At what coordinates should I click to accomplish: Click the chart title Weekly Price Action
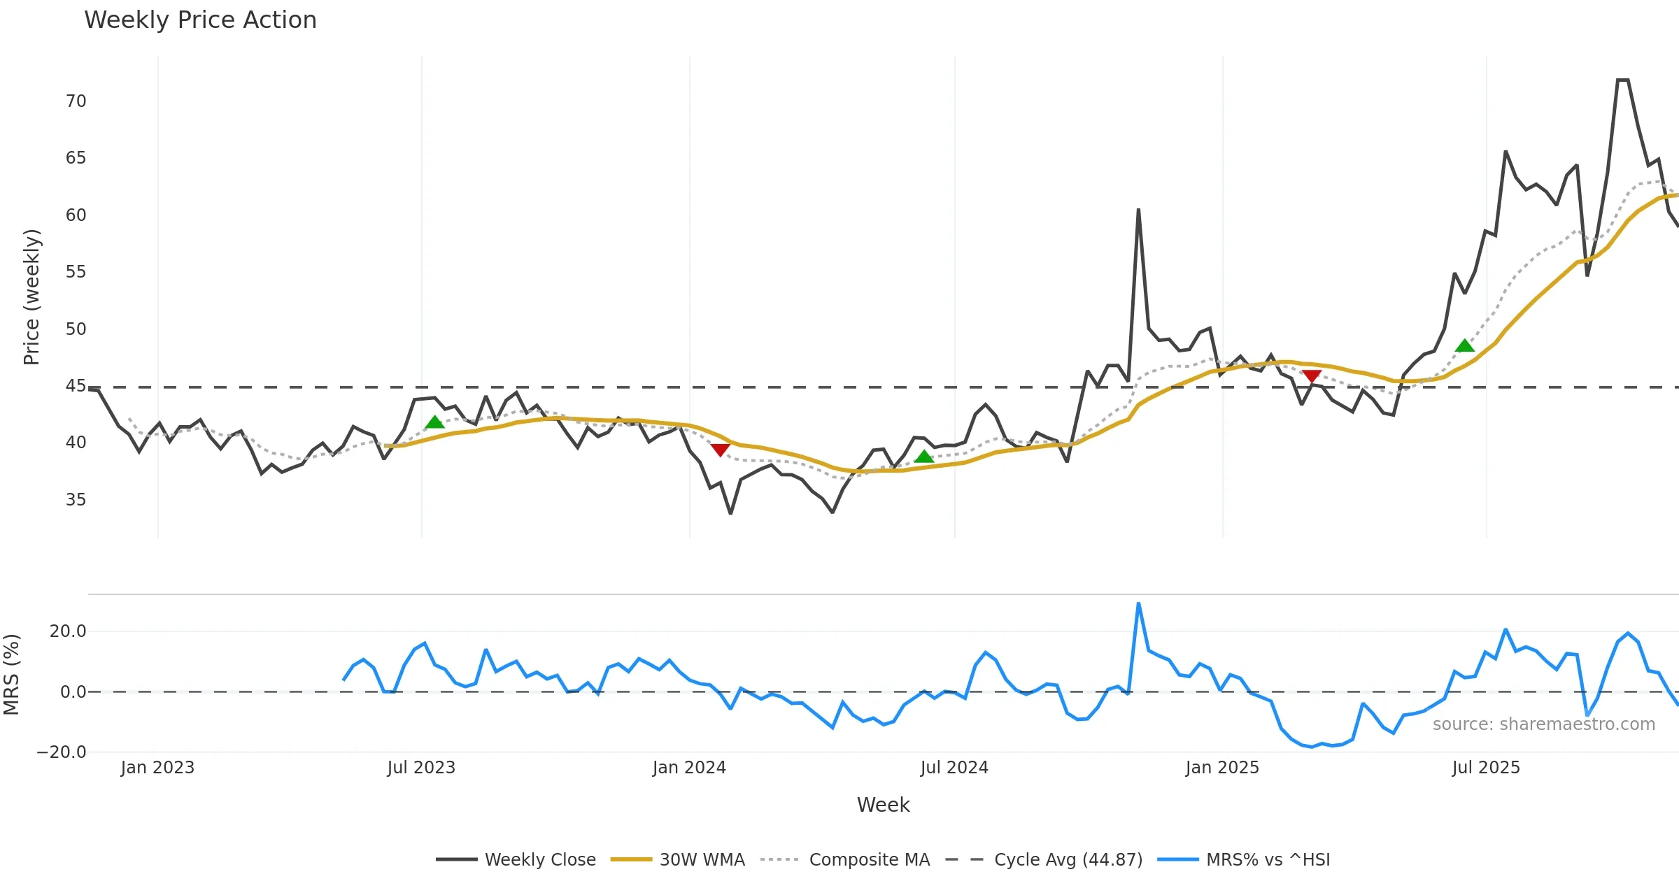(200, 20)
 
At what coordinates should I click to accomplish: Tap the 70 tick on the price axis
(76, 101)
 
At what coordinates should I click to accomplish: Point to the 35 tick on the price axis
(76, 500)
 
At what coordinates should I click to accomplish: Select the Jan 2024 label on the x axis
(689, 768)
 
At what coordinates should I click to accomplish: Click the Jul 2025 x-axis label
(1486, 768)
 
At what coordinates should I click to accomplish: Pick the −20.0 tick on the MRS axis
(62, 752)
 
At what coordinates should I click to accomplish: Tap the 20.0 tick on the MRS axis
(67, 631)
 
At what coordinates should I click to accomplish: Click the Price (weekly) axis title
(31, 297)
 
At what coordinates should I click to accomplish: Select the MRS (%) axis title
(11, 675)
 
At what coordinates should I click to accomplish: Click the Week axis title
(883, 805)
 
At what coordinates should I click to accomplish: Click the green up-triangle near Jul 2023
(434, 422)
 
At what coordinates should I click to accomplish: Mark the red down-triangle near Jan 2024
(721, 450)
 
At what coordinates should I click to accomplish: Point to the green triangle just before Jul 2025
(1464, 345)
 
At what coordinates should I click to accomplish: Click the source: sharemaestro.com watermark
(1543, 724)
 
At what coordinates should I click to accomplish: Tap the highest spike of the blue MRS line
(1138, 604)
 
